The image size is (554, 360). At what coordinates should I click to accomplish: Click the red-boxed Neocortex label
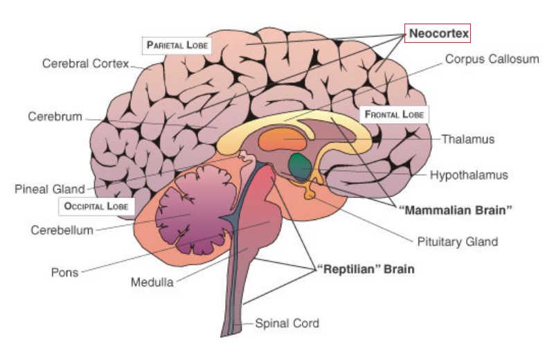[438, 33]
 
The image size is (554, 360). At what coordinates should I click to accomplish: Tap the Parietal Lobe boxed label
[176, 45]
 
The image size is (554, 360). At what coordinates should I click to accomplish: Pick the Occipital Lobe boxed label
[96, 206]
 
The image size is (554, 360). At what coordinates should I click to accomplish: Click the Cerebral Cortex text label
[85, 64]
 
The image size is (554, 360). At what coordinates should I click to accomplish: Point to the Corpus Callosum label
[491, 60]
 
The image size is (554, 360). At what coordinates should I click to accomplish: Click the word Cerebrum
[55, 116]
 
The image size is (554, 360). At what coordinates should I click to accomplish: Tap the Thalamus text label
[468, 139]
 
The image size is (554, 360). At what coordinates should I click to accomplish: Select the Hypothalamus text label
[469, 175]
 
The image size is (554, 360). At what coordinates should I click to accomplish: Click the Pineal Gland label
[49, 189]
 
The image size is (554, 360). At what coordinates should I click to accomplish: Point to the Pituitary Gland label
[457, 242]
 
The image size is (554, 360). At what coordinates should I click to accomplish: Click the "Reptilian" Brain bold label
[365, 269]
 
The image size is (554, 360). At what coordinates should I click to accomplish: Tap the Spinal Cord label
[287, 323]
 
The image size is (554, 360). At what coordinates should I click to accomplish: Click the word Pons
[64, 272]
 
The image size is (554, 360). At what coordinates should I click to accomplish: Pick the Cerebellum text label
[62, 230]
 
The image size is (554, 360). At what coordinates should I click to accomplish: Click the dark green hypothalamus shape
[300, 165]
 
